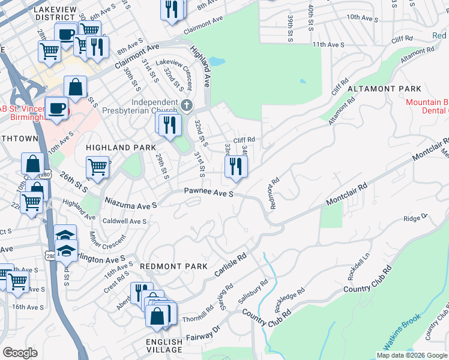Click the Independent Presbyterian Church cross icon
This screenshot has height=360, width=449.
(x=187, y=106)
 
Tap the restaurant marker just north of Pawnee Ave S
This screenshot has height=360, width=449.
(x=235, y=168)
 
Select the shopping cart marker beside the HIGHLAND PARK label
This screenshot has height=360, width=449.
(x=97, y=168)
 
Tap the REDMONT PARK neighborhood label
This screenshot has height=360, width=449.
(x=173, y=266)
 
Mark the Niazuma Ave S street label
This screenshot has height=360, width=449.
(x=131, y=201)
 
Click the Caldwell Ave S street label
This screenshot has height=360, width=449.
(x=125, y=221)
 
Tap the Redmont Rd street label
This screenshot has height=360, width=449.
(x=275, y=193)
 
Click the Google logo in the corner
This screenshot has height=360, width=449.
(x=20, y=353)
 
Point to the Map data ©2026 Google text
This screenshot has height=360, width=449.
(x=411, y=355)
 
